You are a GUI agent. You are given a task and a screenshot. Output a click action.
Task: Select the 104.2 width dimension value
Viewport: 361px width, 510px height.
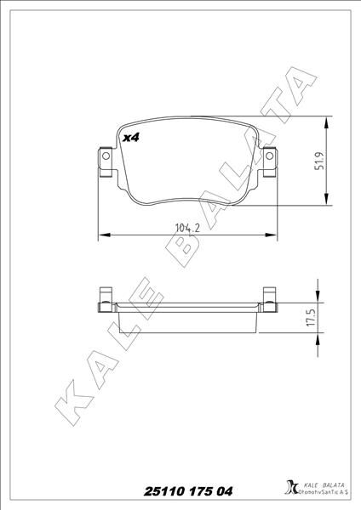[x=187, y=227]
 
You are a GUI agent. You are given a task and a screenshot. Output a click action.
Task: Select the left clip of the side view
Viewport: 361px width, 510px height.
[x=106, y=297]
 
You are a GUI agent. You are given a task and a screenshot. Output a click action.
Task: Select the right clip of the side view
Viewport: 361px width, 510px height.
[x=270, y=297]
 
